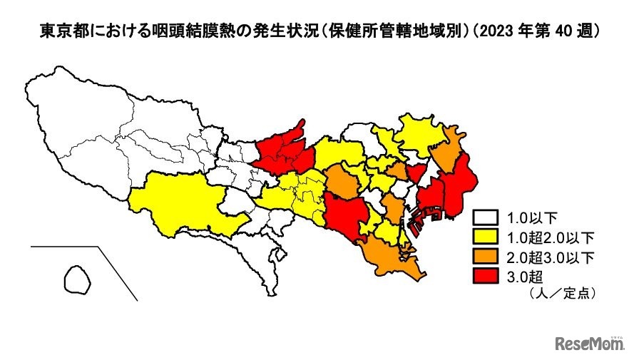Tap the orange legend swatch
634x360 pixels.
pos(488,255)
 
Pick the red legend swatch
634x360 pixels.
pos(488,274)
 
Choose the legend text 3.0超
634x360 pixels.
pos(524,274)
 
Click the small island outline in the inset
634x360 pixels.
pos(77,279)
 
